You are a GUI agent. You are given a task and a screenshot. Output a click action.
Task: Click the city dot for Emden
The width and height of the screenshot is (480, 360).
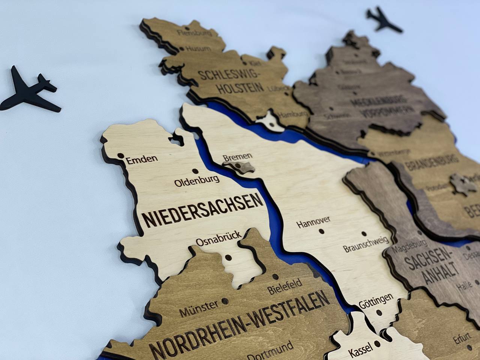coord(121,155)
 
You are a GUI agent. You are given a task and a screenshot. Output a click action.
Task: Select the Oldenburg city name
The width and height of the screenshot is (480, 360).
coord(197,181)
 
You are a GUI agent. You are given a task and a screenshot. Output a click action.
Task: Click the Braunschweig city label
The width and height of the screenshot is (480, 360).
coord(366,244)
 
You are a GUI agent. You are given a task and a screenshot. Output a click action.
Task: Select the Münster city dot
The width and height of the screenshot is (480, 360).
coord(225,300)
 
